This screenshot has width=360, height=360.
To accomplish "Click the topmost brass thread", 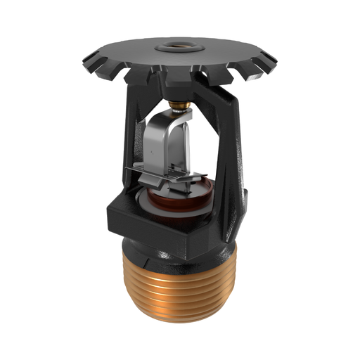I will pos(179,271).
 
